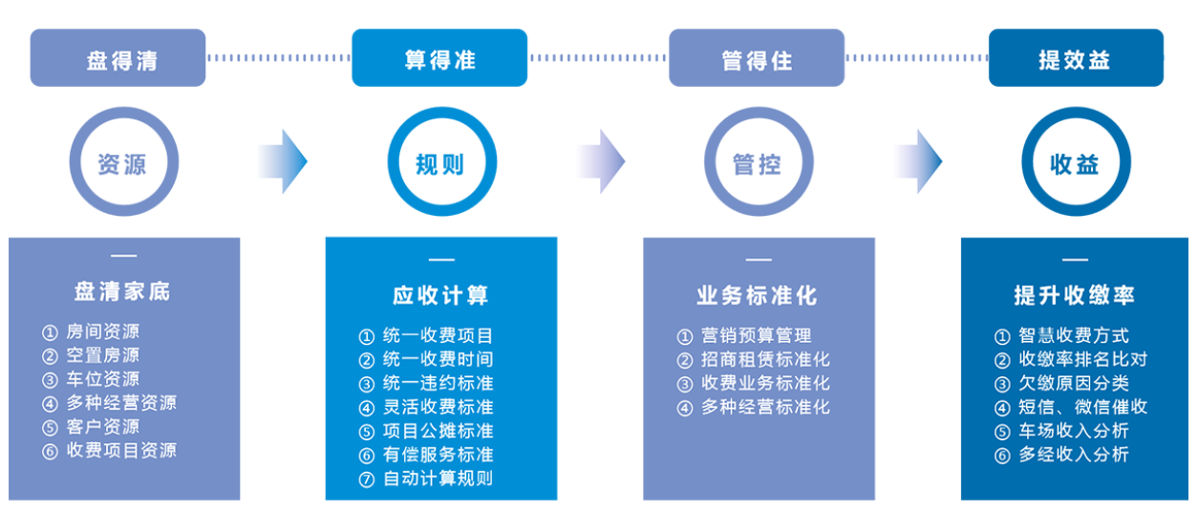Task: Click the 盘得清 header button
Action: tap(118, 58)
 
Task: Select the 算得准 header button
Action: tap(439, 58)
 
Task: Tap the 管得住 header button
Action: tap(756, 58)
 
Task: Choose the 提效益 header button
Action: tap(1075, 58)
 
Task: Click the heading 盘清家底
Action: tap(122, 291)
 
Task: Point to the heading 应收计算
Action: tap(440, 295)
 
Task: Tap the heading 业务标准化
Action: tap(757, 295)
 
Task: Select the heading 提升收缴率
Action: tap(1075, 295)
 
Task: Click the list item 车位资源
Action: tap(102, 379)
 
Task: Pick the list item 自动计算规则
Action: tap(438, 479)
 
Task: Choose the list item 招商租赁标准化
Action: tap(765, 360)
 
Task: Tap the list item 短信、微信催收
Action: tap(1082, 408)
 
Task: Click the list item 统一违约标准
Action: tap(438, 384)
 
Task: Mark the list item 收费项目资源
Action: tap(121, 451)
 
